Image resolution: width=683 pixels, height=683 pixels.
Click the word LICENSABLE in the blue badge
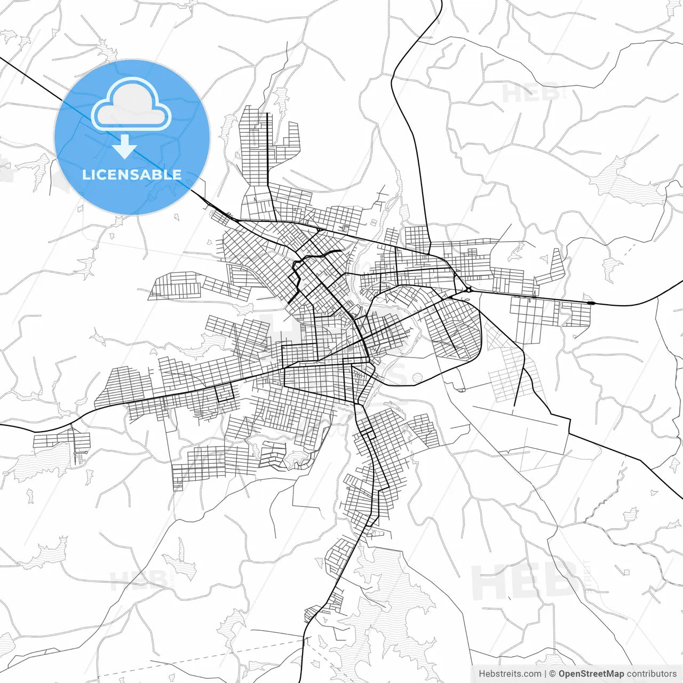pyautogui.click(x=132, y=174)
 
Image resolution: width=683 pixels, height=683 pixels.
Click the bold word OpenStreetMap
pyautogui.click(x=591, y=674)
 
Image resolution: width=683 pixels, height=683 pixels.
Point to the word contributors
pyautogui.click(x=651, y=674)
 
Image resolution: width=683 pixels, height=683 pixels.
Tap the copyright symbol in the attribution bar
pyautogui.click(x=553, y=674)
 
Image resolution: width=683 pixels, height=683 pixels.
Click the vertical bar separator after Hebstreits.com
pyautogui.click(x=545, y=674)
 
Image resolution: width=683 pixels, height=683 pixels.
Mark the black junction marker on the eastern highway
pyautogui.click(x=591, y=303)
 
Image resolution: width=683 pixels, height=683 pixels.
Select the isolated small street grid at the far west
pyautogui.click(x=61, y=441)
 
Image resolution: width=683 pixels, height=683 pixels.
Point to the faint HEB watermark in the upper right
pyautogui.click(x=531, y=93)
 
